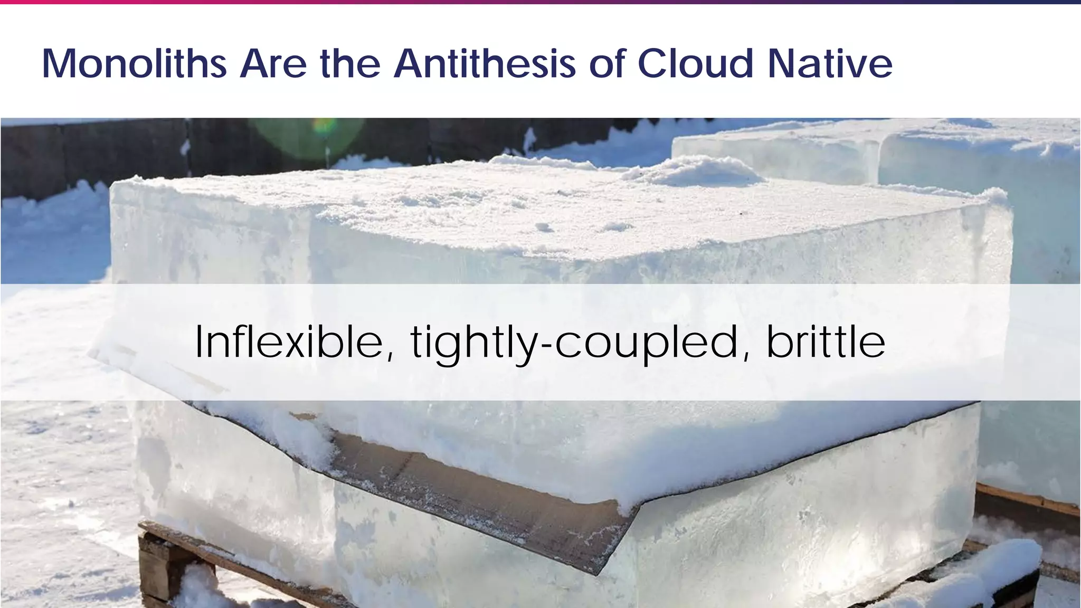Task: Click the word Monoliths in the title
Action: [134, 64]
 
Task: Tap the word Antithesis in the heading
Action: [484, 64]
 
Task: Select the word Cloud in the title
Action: [695, 64]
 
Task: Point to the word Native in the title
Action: [830, 64]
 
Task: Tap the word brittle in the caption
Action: [826, 342]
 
